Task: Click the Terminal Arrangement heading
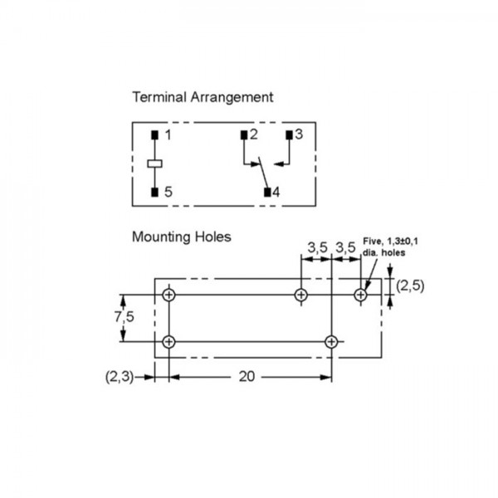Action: coord(203,97)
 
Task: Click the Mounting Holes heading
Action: coord(181,237)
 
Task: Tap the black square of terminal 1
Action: coord(154,135)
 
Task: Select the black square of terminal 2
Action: coord(244,135)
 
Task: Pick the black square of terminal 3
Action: coord(289,135)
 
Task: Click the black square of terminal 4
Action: coord(267,193)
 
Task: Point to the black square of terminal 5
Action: coord(154,193)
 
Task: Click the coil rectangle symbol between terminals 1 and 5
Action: coord(154,164)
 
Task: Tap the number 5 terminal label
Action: coord(168,192)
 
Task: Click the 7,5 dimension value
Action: coord(124,317)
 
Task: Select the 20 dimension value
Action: coord(247,377)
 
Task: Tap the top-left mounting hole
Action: coord(168,295)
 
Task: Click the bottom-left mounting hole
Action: coord(168,342)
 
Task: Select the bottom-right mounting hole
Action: coord(331,342)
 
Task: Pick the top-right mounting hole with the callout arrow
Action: coord(360,295)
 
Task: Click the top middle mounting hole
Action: coord(300,295)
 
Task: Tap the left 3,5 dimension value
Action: coord(317,247)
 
